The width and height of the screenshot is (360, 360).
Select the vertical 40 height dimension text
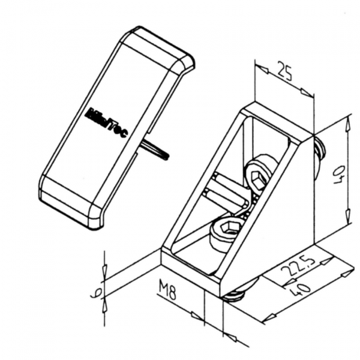(339, 175)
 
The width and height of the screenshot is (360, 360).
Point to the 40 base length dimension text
(302, 290)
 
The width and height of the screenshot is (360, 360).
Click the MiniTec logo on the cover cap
(107, 122)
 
